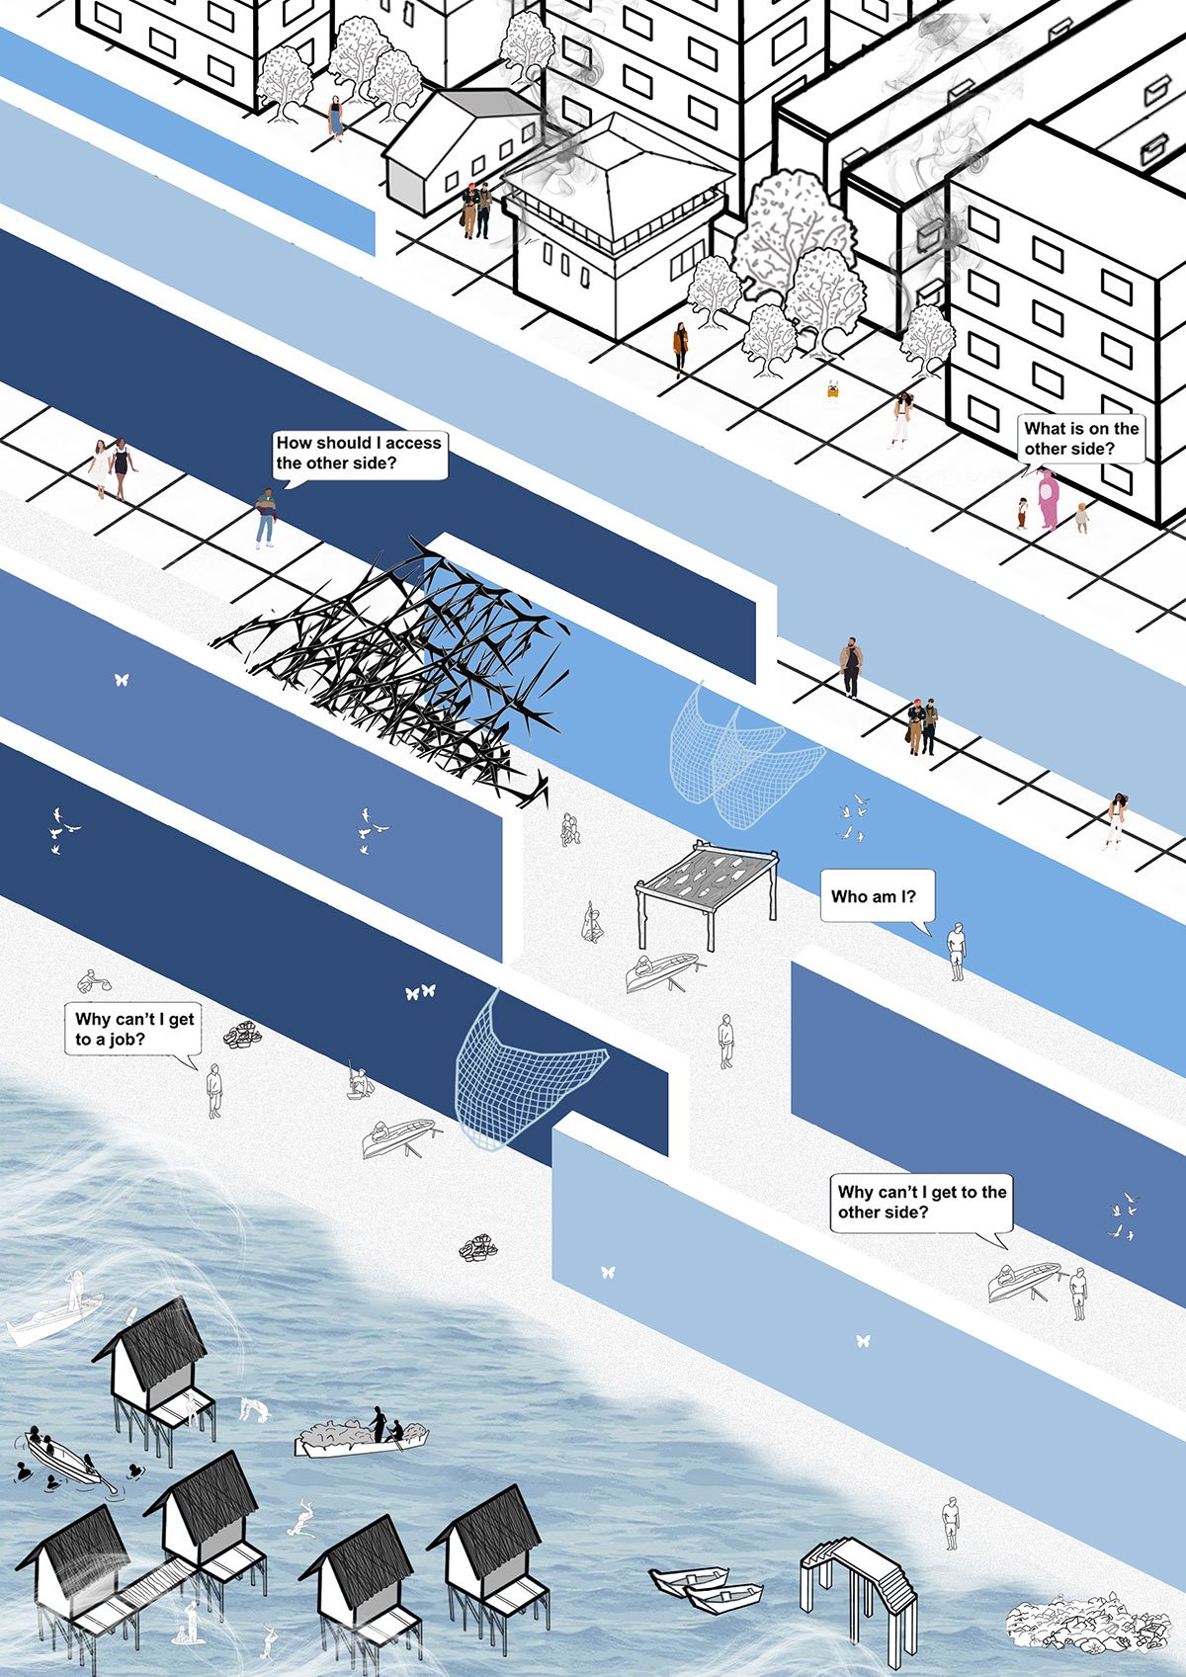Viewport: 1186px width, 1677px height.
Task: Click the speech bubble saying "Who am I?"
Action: click(874, 897)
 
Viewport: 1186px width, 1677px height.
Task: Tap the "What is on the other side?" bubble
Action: click(1080, 438)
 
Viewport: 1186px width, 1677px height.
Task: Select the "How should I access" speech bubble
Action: click(358, 453)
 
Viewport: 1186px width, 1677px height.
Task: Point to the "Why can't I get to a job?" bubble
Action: click(133, 1029)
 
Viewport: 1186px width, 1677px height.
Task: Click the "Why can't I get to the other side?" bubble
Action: click(921, 1202)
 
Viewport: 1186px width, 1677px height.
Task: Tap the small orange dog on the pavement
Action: click(833, 389)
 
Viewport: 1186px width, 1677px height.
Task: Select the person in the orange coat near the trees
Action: click(680, 347)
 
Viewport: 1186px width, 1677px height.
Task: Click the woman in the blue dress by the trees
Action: click(336, 117)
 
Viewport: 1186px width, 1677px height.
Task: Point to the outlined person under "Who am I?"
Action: click(955, 951)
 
